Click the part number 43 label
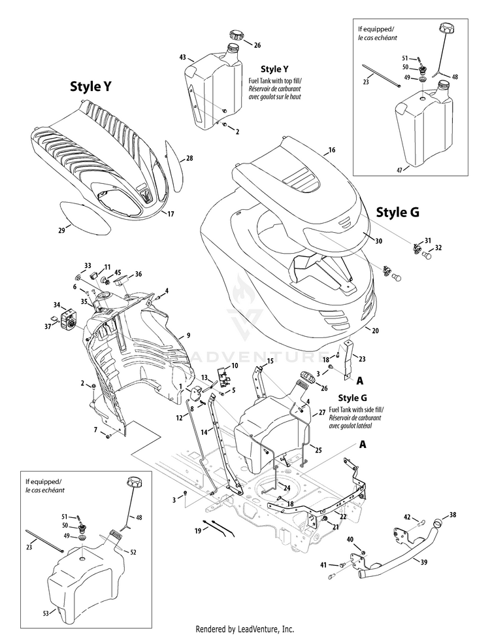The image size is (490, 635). point(182,58)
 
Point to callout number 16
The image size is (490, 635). point(331,150)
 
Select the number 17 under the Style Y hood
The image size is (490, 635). point(171,214)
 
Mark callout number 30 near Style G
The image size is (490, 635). point(378,240)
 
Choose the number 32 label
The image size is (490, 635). point(439,248)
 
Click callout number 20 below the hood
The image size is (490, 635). point(374,330)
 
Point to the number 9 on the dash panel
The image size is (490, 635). point(188,335)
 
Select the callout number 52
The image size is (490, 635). point(133,553)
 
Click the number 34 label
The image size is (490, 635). point(57,305)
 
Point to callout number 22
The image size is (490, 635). point(344,517)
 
